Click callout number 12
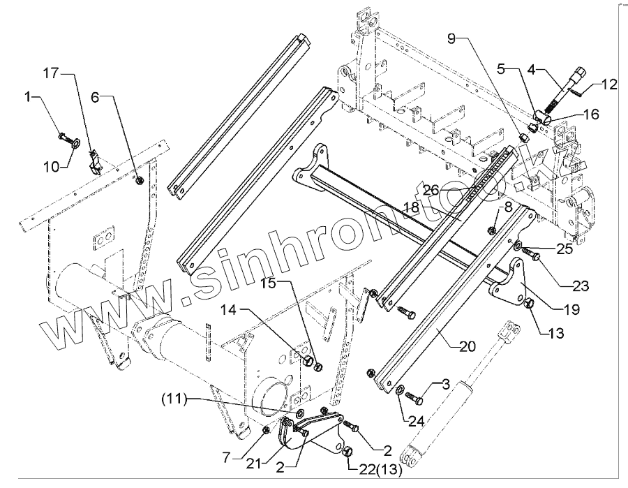coord(609,85)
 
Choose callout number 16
coord(590,114)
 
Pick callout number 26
coord(430,189)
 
